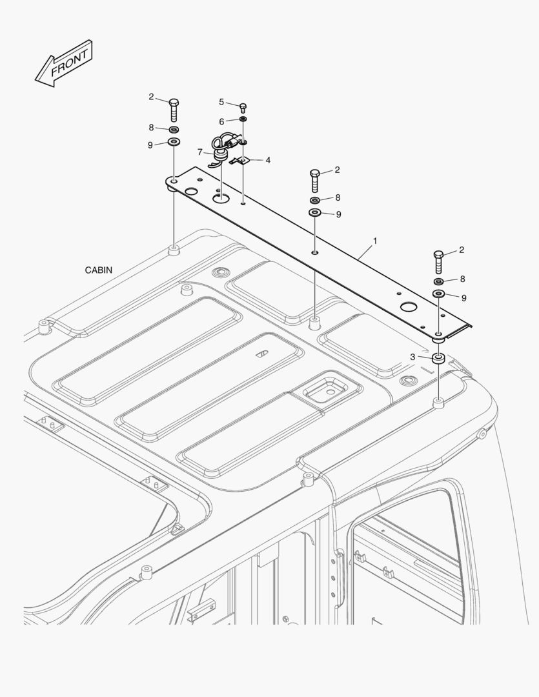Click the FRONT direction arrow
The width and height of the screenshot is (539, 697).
pos(63,63)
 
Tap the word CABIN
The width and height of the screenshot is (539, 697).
pos(99,270)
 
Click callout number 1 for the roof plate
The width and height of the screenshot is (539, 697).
pos(375,241)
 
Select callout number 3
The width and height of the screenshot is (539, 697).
pos(412,357)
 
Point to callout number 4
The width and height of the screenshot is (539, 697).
pos(268,160)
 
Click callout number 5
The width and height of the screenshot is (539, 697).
pos(221,102)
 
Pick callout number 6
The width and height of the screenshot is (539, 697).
pos(221,121)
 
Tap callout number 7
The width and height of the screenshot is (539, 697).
pos(199,152)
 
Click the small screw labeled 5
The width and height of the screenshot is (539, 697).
pos(243,108)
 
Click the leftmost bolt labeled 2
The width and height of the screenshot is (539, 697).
pos(174,109)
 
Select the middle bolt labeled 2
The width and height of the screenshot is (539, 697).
pos(315,180)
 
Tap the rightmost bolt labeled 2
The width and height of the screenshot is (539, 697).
pos(438,262)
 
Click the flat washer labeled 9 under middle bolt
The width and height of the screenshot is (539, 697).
pos(315,212)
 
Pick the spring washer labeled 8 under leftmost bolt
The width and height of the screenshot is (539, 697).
pos(174,129)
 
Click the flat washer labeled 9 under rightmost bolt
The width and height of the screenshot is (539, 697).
pos(440,294)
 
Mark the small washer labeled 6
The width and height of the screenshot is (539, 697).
pos(243,119)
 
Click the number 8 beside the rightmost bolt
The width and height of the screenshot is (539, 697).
pos(463,279)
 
